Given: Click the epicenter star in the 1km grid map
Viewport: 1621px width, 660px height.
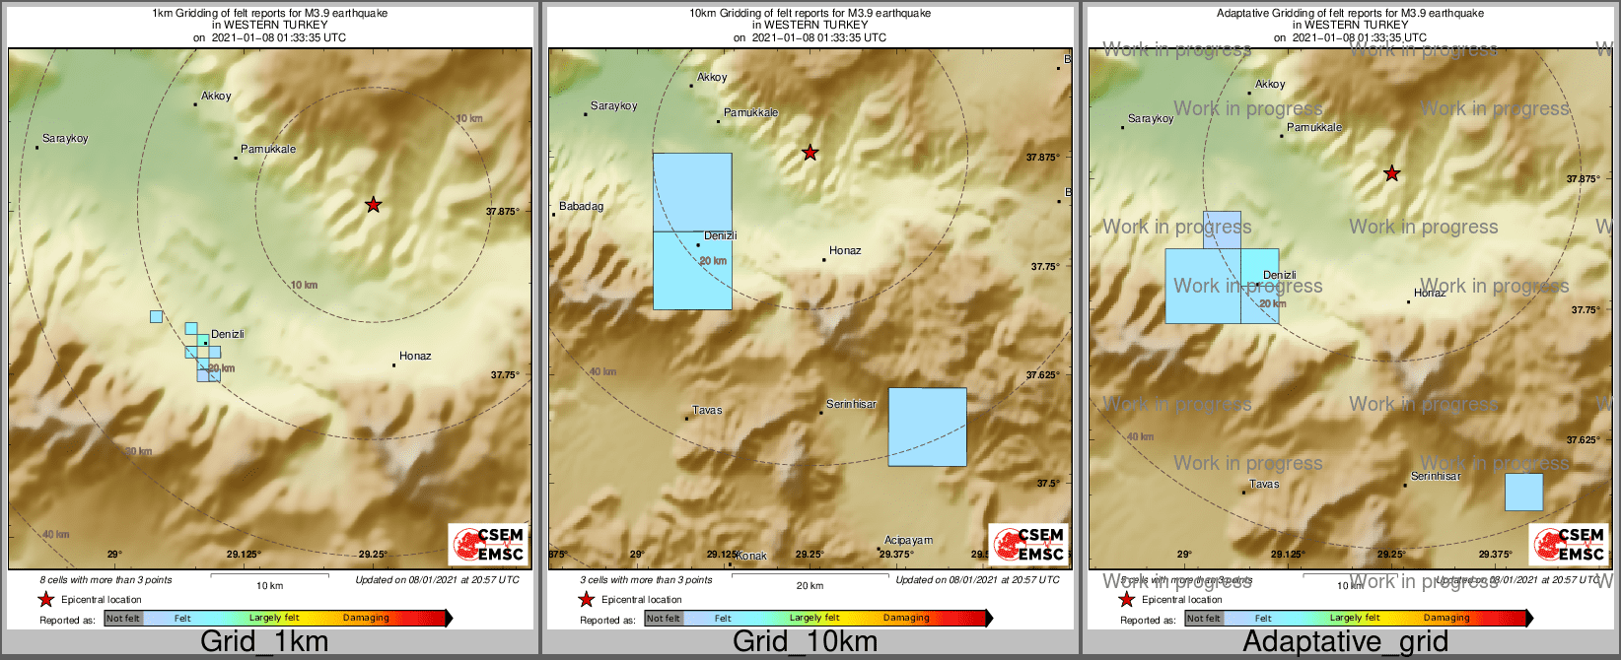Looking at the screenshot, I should point(373,205).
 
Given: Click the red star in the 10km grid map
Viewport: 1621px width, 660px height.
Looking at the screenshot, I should point(810,153).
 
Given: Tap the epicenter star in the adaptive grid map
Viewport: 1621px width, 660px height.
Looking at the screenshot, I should point(1391,173).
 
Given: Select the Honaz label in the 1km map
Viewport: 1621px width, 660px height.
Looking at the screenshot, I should point(415,356).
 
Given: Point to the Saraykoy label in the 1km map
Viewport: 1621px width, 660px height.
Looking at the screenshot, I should point(65,139).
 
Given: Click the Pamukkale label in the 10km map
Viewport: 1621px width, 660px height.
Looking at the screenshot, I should point(750,113).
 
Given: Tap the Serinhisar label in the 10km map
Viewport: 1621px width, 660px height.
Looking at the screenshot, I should point(851,405).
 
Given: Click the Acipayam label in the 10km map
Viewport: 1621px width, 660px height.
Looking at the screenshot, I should point(908,541).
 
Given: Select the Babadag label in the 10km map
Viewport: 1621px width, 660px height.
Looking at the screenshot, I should point(581,207).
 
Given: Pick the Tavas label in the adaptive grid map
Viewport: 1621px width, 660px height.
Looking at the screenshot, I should point(1264,485).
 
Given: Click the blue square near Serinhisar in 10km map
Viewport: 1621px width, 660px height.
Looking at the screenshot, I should point(927,427).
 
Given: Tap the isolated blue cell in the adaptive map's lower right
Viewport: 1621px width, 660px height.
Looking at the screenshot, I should point(1523,492).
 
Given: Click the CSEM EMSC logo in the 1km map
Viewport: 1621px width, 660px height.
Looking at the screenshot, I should point(487,544).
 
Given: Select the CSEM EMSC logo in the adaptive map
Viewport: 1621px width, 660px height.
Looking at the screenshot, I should point(1568,544).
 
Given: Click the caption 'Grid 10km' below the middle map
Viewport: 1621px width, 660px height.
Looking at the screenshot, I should point(805,642).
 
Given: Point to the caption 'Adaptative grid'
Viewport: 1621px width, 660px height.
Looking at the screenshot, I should point(1345,642).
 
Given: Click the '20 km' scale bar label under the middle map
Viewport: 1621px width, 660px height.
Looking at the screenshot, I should point(810,586).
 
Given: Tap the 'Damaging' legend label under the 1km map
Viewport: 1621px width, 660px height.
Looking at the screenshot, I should point(366,619).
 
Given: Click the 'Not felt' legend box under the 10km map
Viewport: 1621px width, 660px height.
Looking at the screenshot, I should point(664,619).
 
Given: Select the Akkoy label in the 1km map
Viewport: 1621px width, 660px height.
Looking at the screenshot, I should point(216,97).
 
